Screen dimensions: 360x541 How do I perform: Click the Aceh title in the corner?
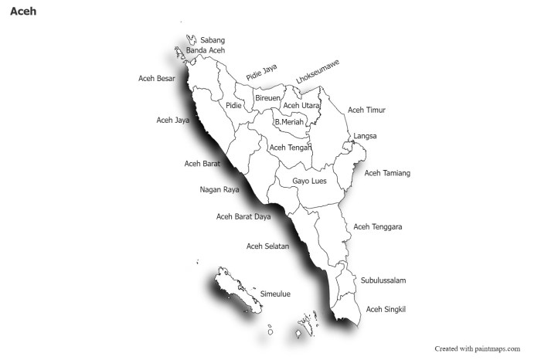[23, 12]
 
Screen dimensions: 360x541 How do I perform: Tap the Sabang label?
[213, 39]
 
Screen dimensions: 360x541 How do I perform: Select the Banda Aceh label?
[205, 50]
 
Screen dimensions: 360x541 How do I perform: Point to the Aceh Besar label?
[157, 78]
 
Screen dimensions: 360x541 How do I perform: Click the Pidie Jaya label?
[261, 73]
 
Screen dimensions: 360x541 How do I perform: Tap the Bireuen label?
[267, 98]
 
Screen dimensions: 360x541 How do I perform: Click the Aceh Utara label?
[301, 106]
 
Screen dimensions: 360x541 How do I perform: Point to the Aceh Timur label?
[366, 110]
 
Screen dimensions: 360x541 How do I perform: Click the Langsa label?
[366, 136]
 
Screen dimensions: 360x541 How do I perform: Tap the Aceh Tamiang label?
[387, 173]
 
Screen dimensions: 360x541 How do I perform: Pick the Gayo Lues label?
[309, 182]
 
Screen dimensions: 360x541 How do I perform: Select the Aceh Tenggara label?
[377, 227]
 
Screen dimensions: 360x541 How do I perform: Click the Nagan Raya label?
[219, 189]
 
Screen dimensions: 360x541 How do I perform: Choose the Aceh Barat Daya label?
[243, 216]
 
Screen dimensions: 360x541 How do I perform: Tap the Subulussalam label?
[383, 280]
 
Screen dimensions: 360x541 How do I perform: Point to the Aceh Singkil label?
[386, 309]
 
